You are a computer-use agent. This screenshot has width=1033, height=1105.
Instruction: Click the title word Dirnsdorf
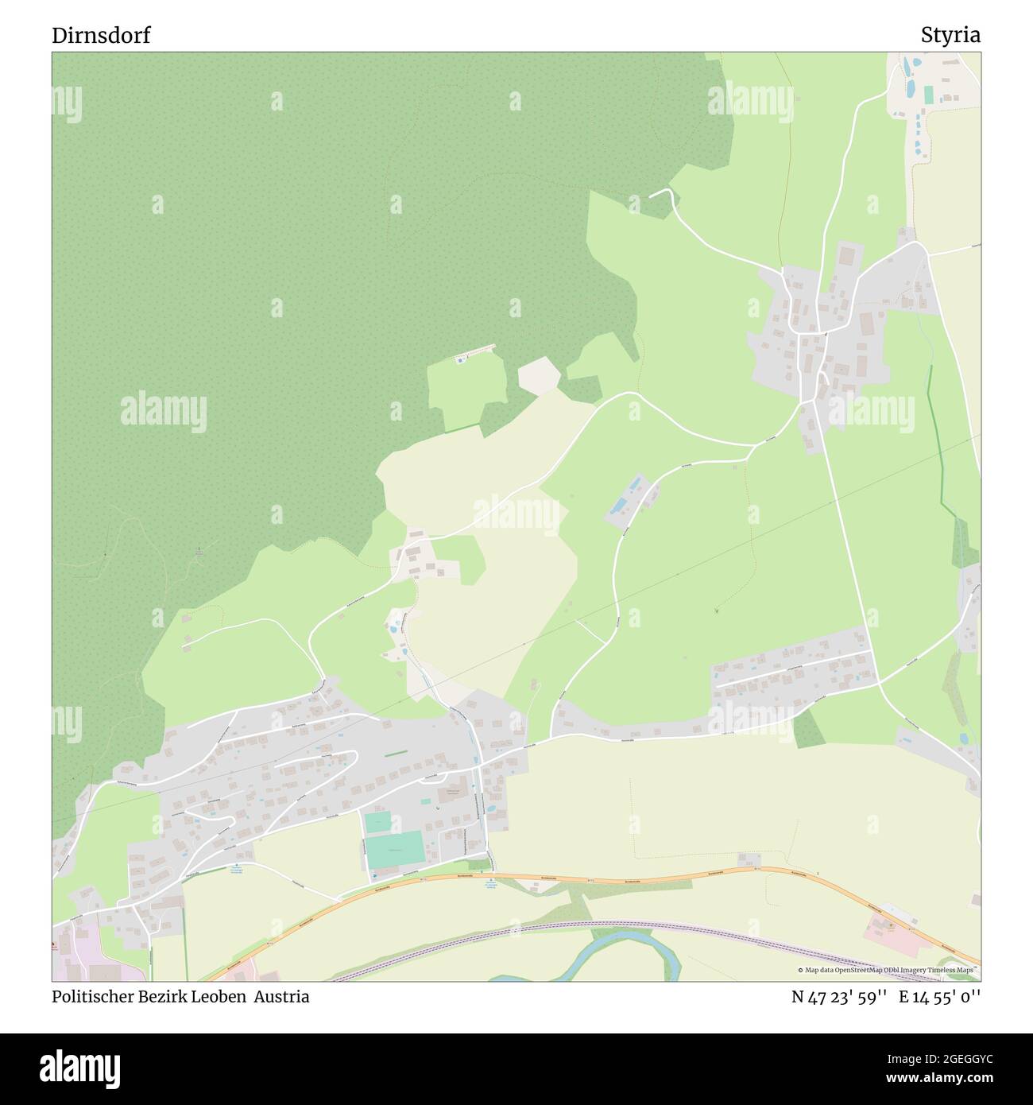click(x=101, y=36)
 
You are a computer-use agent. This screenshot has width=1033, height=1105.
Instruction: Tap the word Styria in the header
click(x=950, y=36)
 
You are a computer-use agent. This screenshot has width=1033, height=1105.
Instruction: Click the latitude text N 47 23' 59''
click(x=839, y=997)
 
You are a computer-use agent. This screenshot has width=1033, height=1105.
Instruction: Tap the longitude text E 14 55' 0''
click(x=940, y=997)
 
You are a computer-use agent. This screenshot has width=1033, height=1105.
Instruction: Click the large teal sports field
click(x=394, y=851)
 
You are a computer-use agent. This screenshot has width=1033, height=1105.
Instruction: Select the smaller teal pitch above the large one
click(x=378, y=822)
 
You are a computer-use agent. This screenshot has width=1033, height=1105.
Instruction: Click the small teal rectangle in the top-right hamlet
click(x=928, y=95)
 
